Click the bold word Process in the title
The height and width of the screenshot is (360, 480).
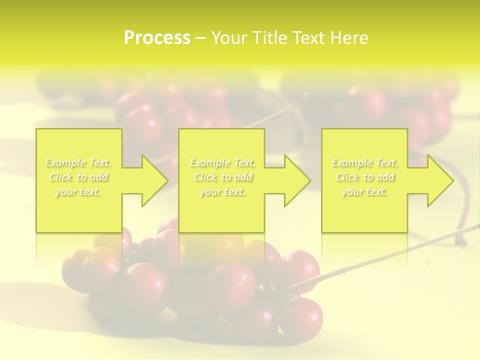(x=157, y=38)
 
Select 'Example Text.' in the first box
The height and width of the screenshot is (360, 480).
(x=78, y=162)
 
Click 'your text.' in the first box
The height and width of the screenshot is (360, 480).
(x=78, y=191)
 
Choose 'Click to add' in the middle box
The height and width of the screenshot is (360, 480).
(x=222, y=177)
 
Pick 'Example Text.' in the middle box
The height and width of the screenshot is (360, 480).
(x=222, y=162)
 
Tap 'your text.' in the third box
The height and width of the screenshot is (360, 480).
(x=364, y=191)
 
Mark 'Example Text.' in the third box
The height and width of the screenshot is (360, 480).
(x=364, y=162)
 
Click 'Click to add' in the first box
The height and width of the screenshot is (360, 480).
(x=78, y=177)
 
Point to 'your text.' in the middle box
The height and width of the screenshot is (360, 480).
(x=222, y=191)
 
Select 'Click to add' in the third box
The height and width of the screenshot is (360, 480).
(x=364, y=177)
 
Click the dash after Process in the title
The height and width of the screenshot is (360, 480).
(x=201, y=38)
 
